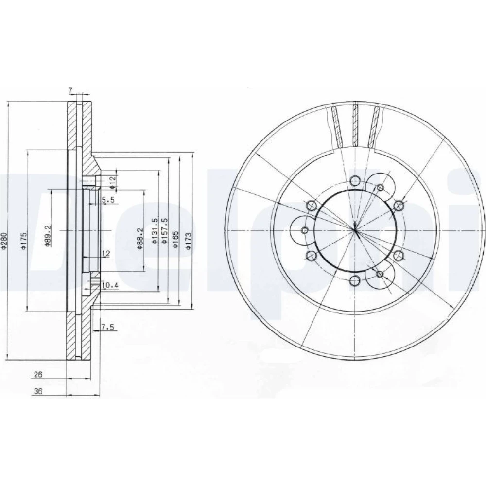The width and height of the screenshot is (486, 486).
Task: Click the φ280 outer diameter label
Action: click(3, 241)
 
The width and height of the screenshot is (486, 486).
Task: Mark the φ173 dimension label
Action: click(188, 241)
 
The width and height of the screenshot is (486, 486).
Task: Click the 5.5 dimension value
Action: click(108, 200)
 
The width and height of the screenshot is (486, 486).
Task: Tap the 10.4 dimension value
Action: click(111, 285)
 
